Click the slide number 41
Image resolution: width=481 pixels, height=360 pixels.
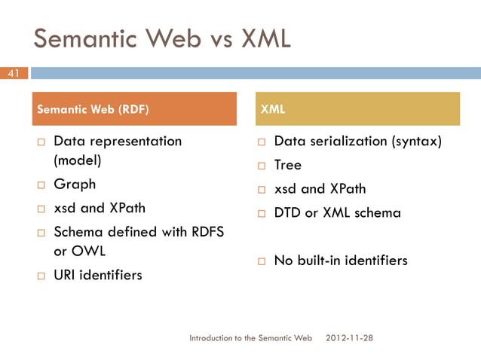click(13, 73)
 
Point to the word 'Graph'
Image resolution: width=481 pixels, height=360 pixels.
click(75, 184)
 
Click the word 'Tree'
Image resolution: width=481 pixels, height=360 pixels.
click(287, 165)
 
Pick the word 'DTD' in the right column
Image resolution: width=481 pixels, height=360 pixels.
click(287, 212)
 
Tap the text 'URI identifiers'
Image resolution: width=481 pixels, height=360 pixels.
click(97, 275)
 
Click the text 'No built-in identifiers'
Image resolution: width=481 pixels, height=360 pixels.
click(341, 261)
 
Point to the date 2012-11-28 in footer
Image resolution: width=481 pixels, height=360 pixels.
click(349, 338)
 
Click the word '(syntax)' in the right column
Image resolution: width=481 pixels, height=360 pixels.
click(414, 141)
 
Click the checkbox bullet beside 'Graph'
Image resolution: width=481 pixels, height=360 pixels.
click(42, 185)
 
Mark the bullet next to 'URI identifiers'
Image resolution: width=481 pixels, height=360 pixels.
click(42, 276)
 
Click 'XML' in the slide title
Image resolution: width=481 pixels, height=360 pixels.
click(265, 38)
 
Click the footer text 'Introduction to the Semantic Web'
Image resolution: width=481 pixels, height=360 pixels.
click(250, 338)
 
